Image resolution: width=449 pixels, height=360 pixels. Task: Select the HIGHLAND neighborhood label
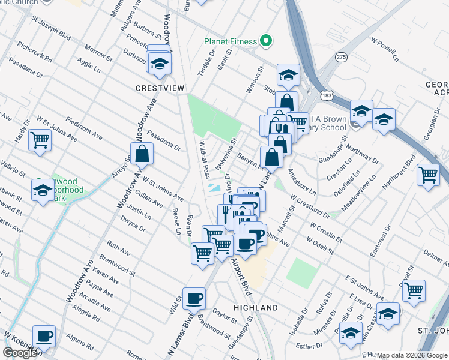[255, 308]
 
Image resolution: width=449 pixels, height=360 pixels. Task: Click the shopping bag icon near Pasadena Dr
[142, 154]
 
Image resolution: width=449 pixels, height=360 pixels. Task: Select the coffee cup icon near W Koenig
[43, 337]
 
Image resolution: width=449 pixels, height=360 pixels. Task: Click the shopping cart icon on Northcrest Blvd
[429, 175]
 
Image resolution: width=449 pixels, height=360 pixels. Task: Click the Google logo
[21, 353]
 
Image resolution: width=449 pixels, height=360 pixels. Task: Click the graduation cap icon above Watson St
[288, 76]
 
